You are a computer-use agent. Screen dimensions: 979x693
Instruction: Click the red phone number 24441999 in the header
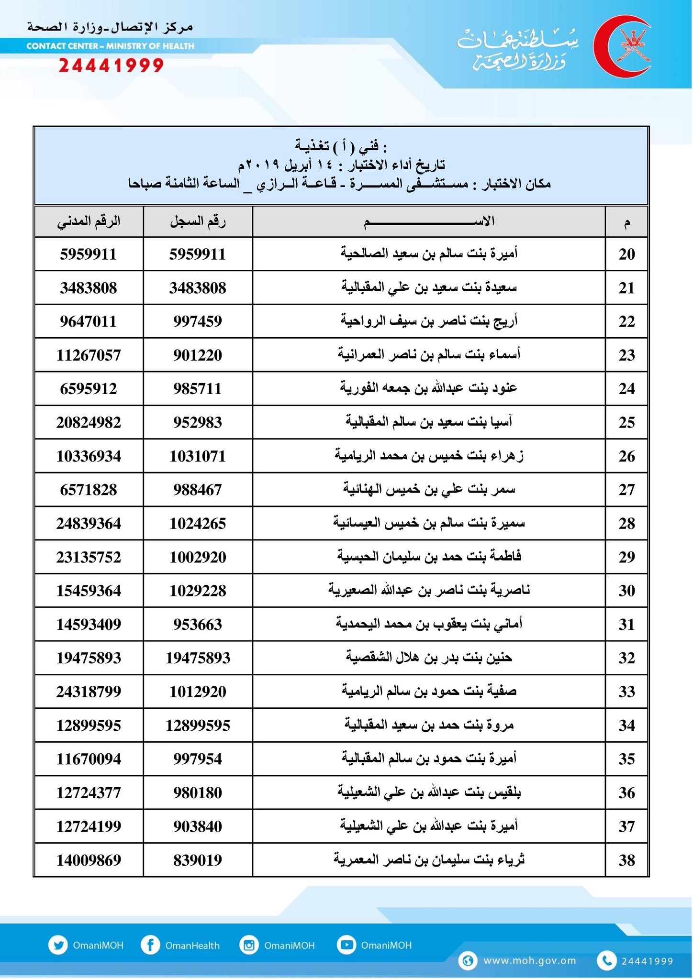pyautogui.click(x=111, y=65)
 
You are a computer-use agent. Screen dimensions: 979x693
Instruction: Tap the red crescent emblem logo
pyautogui.click(x=622, y=46)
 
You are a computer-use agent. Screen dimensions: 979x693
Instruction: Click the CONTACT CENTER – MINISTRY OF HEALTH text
pyautogui.click(x=111, y=46)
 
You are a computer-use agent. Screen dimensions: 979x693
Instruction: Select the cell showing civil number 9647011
pyautogui.click(x=89, y=321)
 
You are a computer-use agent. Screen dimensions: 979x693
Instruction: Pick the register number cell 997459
pyautogui.click(x=198, y=321)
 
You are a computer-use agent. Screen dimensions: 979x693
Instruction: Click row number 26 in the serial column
pyautogui.click(x=626, y=456)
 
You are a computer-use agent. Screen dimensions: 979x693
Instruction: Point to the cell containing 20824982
pyautogui.click(x=89, y=423)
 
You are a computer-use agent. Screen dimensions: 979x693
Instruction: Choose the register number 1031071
pyautogui.click(x=198, y=456)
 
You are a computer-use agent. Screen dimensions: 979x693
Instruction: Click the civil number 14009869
pyautogui.click(x=89, y=860)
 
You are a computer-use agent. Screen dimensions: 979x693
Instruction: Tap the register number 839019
pyautogui.click(x=198, y=860)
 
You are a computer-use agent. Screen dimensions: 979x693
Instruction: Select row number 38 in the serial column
pyautogui.click(x=626, y=860)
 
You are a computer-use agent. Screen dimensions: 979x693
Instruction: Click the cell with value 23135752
pyautogui.click(x=89, y=557)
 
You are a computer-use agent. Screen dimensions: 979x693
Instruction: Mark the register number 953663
pyautogui.click(x=198, y=625)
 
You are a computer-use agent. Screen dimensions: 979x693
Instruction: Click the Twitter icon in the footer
pyautogui.click(x=58, y=945)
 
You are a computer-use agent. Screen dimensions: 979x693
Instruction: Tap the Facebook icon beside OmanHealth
pyautogui.click(x=150, y=945)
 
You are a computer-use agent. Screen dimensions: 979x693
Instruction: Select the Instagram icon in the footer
pyautogui.click(x=249, y=945)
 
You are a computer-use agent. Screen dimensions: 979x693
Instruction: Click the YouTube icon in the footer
pyautogui.click(x=346, y=945)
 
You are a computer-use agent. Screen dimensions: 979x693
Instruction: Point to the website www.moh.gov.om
pyautogui.click(x=530, y=961)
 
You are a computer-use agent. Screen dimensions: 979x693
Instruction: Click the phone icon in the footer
pyautogui.click(x=606, y=961)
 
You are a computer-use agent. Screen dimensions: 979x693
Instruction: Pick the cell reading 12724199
pyautogui.click(x=89, y=826)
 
